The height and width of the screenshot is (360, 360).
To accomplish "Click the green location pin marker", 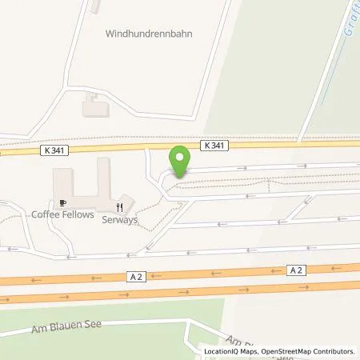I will [x=182, y=161].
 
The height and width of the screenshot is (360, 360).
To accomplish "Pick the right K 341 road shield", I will [x=214, y=146].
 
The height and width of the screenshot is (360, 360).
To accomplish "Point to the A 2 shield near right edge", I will [x=296, y=270].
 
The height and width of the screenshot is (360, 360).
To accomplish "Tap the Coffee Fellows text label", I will [x=62, y=214].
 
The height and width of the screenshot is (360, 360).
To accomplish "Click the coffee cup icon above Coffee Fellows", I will [x=62, y=202].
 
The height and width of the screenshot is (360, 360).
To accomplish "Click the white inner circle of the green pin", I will [x=182, y=156].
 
